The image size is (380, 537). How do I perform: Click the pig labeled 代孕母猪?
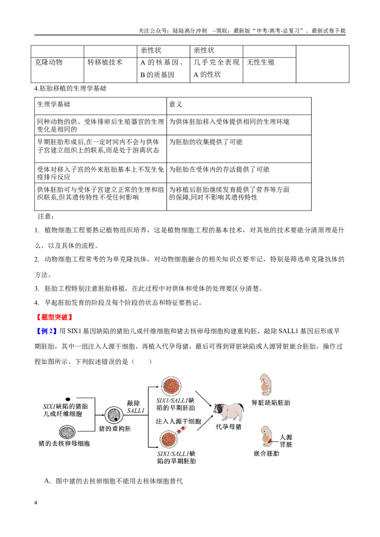point(229,411)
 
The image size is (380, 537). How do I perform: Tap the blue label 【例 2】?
point(46,331)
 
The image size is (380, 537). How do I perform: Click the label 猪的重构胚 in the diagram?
point(115,428)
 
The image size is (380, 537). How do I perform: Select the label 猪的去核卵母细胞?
point(64,444)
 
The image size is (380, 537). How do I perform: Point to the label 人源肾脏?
point(286,441)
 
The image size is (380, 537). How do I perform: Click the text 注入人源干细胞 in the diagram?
point(178,421)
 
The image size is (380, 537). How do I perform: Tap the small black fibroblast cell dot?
point(68,399)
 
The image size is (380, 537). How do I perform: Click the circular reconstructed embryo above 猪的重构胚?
point(114,415)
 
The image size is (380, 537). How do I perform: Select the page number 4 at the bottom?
point(36,503)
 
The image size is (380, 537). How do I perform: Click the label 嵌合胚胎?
point(266,454)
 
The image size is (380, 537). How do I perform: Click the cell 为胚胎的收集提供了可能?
point(206,142)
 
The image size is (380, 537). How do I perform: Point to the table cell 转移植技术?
point(105,62)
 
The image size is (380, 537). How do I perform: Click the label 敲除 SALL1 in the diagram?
point(135,407)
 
